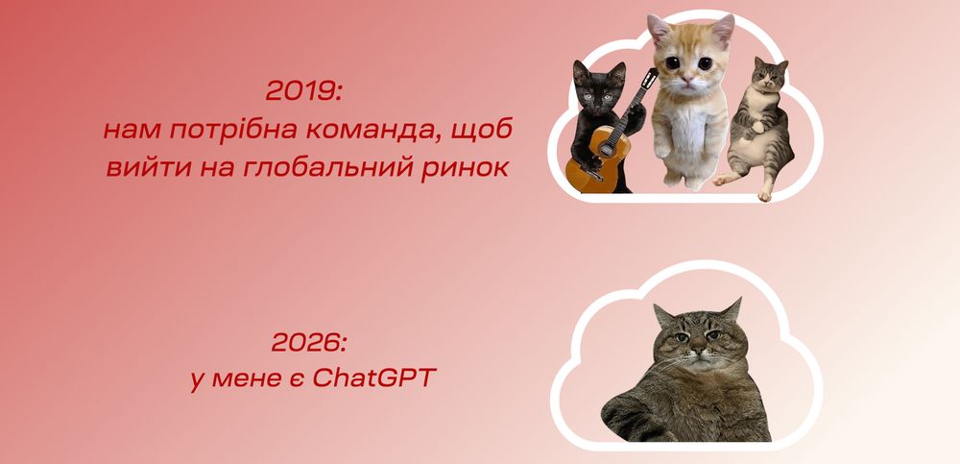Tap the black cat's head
(x=598, y=85)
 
